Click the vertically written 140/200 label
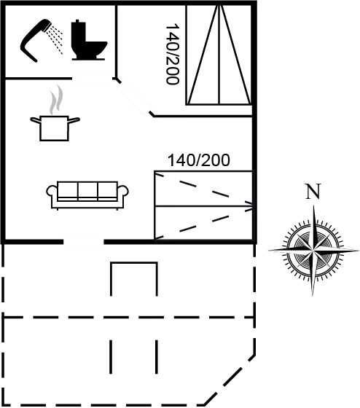click(x=172, y=54)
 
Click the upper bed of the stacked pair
click(x=203, y=189)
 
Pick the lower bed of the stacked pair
click(x=203, y=222)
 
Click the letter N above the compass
click(x=313, y=193)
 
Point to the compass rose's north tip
click(x=313, y=208)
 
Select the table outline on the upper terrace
click(x=134, y=278)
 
